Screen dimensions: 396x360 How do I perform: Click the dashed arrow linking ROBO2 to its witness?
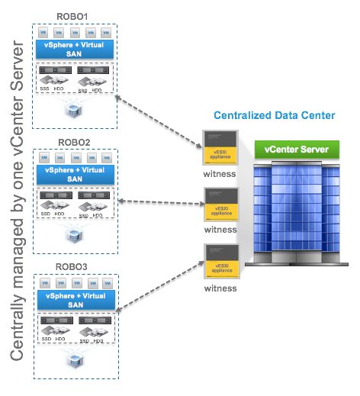pyautogui.click(x=159, y=203)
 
